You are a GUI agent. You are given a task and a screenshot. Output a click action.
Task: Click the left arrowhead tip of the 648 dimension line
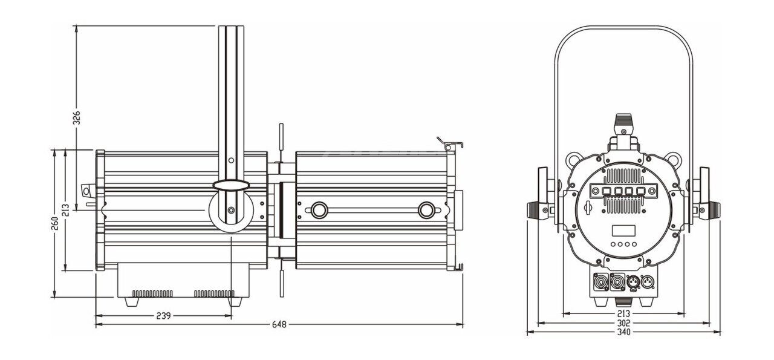coord(96,324)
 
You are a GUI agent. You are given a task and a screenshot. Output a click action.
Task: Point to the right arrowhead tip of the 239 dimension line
coord(232,315)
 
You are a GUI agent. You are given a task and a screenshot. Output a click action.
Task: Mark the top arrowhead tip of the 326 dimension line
coord(76,25)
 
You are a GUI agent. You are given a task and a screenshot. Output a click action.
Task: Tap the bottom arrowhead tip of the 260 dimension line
coord(54,297)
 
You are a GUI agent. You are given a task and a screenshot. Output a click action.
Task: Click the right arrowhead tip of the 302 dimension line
coord(711,323)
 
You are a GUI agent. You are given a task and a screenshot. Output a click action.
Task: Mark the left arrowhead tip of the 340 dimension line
coord(527,332)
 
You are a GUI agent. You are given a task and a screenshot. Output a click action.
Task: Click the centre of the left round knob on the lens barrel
coord(319,210)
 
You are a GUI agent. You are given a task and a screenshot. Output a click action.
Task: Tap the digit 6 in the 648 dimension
coord(275,324)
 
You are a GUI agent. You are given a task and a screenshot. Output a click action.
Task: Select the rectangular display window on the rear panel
coord(623,231)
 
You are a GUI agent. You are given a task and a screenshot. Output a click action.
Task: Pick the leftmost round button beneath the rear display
coord(613,244)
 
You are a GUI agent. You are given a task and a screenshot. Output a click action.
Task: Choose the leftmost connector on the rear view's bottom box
coord(600,282)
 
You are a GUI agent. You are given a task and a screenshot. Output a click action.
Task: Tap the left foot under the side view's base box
coord(132,302)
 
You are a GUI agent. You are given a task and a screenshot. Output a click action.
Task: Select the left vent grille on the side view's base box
coord(152,293)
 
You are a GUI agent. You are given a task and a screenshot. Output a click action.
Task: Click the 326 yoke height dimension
coord(76,117)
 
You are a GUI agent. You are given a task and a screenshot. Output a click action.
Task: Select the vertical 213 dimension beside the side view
coord(66,210)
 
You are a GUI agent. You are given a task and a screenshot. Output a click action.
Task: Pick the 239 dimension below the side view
coord(163,315)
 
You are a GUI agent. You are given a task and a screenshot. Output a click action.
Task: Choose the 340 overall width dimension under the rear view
coord(623,332)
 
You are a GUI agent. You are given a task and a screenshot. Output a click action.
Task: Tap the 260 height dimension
coord(54,223)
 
